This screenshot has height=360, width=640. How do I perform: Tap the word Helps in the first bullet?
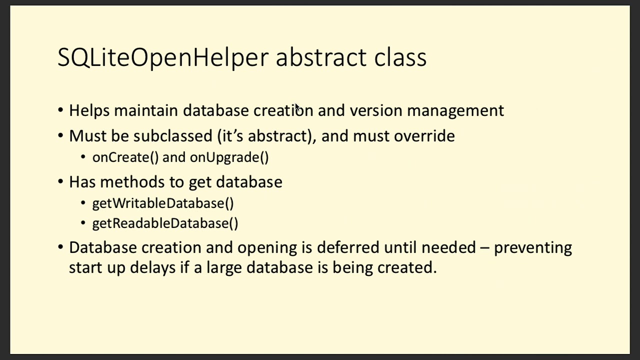89,110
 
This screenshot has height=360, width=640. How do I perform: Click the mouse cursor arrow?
297,107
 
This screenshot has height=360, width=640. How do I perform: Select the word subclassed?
173,136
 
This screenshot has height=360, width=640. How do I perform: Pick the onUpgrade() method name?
229,157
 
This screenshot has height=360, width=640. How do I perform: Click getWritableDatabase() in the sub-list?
163,203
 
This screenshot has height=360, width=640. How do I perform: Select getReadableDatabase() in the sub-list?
165,223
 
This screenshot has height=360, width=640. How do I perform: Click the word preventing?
532,248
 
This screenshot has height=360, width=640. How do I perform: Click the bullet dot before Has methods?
60,181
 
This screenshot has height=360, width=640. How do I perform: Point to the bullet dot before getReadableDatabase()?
83,223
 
